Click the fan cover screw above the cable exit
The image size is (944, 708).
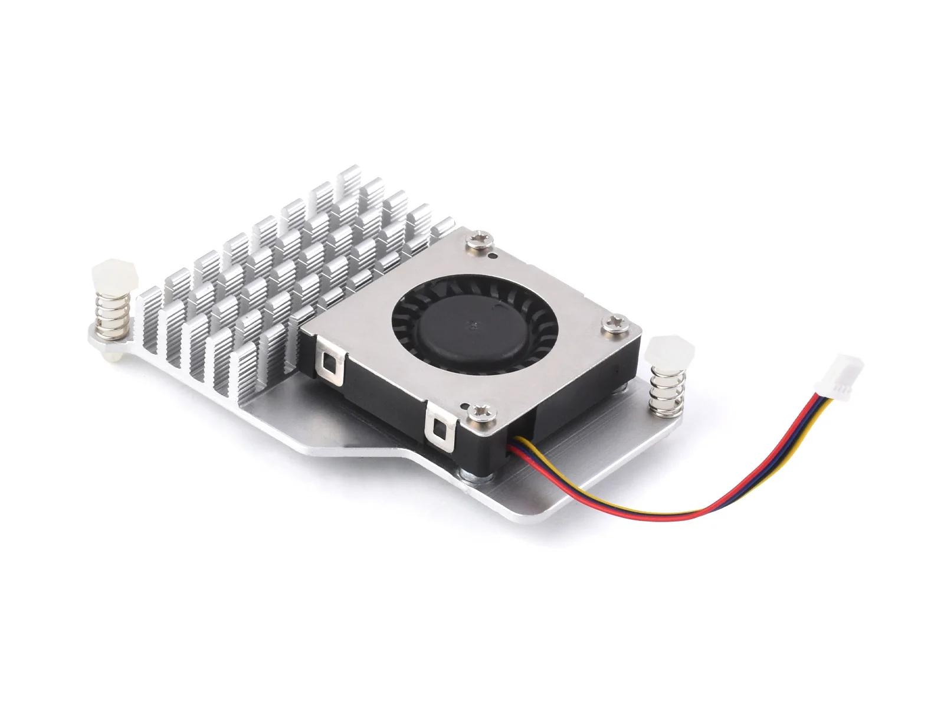(476, 407)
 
